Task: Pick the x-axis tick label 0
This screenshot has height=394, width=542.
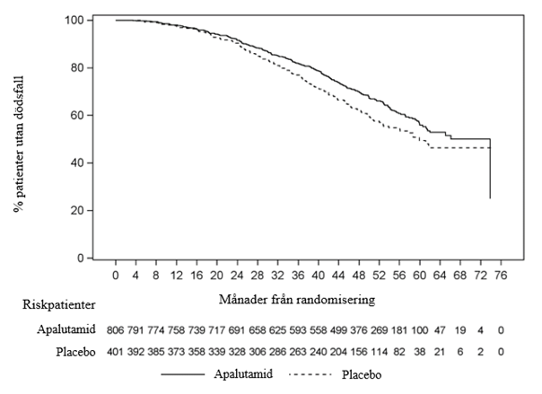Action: pos(116,274)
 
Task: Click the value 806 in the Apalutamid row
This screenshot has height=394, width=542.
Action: pos(118,330)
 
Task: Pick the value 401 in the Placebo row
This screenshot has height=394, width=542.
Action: pos(118,352)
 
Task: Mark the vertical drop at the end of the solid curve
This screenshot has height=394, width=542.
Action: pos(489,171)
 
